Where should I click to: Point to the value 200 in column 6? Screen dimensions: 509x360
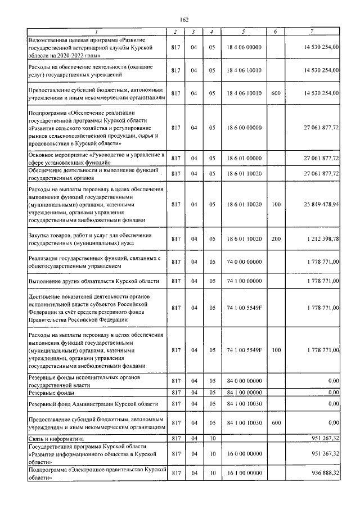pos(276,239)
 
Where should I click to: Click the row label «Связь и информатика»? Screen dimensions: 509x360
pos(56,438)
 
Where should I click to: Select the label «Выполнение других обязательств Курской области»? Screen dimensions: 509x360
pos(93,281)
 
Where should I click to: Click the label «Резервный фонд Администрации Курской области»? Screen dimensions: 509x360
pos(93,404)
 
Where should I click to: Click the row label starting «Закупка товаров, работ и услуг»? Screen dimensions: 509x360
pos(90,239)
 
